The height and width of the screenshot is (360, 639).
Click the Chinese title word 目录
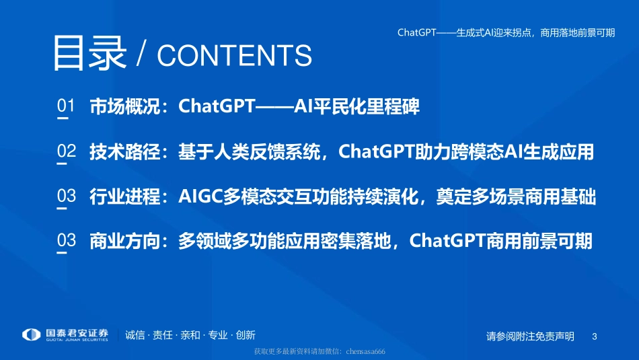click(89, 52)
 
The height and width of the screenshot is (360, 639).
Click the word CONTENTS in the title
click(234, 57)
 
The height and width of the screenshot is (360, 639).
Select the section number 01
click(66, 106)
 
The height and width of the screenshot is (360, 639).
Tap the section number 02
click(66, 151)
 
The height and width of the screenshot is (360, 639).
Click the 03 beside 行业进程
click(66, 196)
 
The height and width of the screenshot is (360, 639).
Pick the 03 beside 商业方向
click(66, 241)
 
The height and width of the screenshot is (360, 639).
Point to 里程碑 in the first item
click(398, 107)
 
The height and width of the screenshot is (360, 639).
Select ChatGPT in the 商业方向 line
click(446, 242)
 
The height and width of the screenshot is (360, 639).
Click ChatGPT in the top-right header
click(416, 32)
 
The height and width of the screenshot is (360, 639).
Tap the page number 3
click(594, 336)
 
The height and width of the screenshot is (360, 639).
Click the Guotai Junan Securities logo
click(65, 335)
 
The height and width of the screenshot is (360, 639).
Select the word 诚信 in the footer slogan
click(135, 335)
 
